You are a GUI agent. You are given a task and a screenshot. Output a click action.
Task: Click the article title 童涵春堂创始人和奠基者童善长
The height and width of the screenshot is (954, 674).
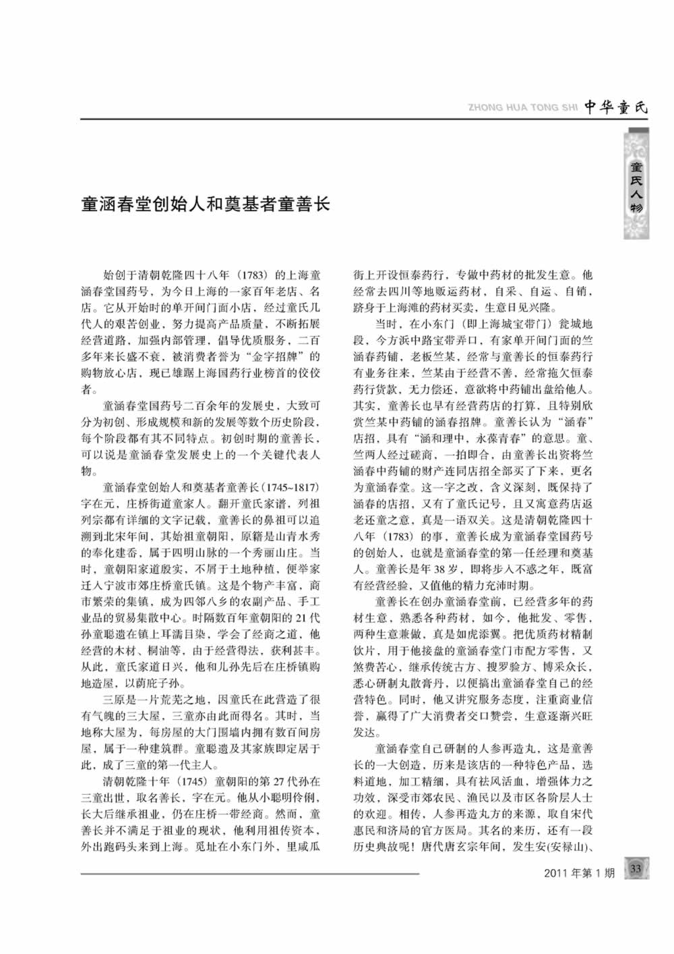pyautogui.click(x=206, y=203)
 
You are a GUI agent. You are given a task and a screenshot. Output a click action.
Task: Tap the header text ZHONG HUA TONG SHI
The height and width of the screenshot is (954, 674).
pyautogui.click(x=522, y=107)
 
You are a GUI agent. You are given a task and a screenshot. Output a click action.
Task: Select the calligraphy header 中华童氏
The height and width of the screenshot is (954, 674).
pyautogui.click(x=615, y=107)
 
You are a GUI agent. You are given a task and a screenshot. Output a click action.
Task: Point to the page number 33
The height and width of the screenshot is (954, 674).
pyautogui.click(x=636, y=870)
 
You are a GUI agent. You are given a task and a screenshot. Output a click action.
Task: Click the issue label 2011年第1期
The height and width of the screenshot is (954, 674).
pyautogui.click(x=579, y=872)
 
